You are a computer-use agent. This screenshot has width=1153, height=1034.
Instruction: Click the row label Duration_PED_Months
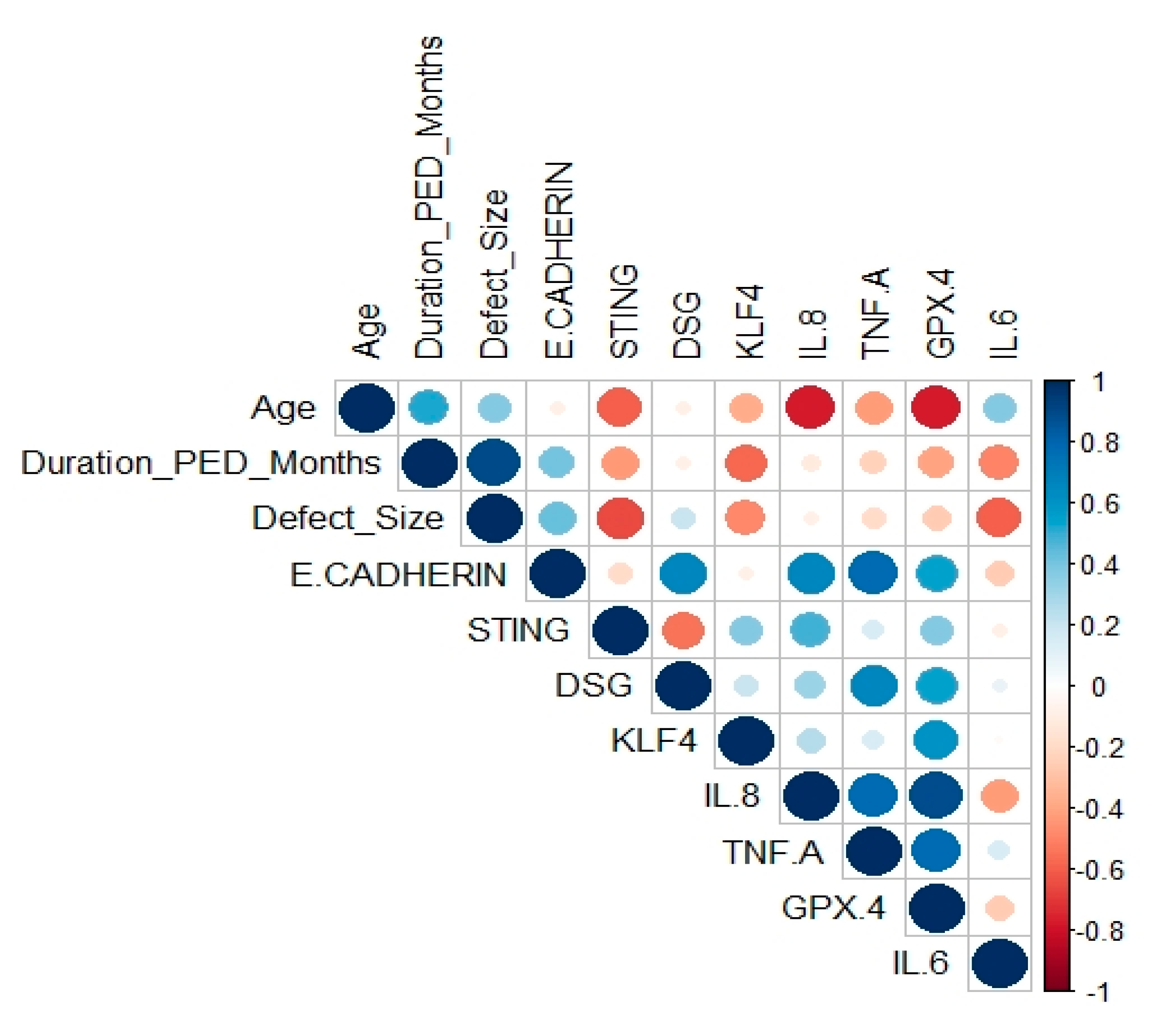point(200,463)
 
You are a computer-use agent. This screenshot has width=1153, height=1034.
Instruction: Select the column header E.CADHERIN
point(558,260)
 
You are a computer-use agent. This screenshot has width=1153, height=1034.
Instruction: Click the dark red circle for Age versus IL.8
point(809,407)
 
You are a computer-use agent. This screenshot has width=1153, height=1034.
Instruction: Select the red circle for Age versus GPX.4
point(935,407)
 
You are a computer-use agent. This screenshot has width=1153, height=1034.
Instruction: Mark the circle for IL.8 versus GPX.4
point(935,796)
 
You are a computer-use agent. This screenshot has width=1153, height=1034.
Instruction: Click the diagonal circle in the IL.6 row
point(999,964)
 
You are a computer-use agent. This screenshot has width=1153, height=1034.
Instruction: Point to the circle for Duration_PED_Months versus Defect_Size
point(493,462)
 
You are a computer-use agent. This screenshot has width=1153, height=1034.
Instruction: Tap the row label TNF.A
point(773,852)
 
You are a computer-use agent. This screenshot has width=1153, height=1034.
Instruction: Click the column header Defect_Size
point(493,274)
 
